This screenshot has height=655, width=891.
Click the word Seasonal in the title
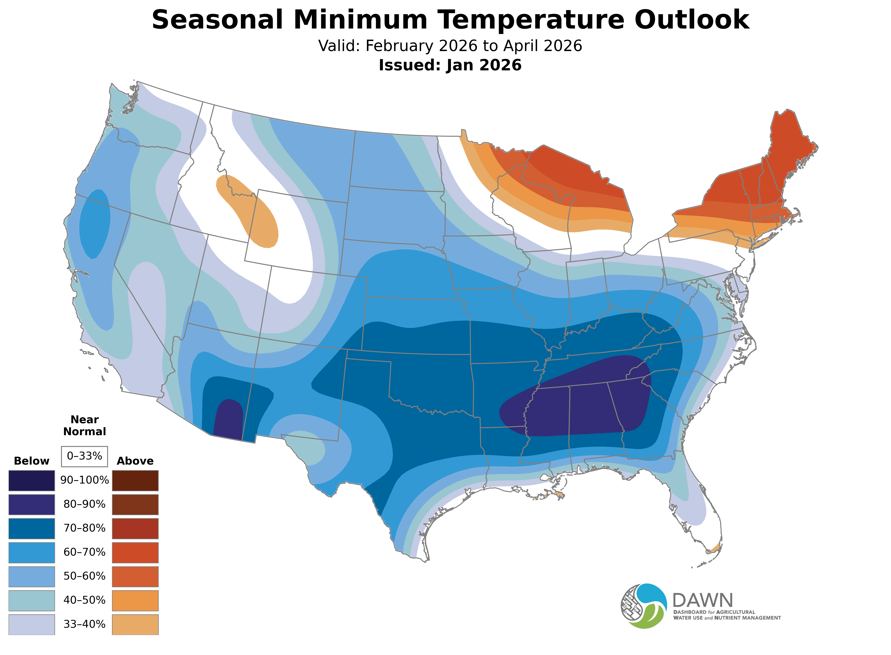[217, 20]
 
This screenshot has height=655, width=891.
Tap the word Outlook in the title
[692, 20]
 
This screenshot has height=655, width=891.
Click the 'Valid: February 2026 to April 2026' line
[450, 46]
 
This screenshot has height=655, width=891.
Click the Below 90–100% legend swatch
[32, 481]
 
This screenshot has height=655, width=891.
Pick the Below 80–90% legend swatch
[32, 504]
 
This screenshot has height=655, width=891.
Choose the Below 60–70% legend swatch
[32, 552]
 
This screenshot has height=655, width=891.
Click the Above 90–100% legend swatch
[135, 481]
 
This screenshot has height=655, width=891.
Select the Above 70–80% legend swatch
[135, 528]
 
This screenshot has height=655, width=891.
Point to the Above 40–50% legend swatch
[135, 600]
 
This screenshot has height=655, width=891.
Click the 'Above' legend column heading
[135, 461]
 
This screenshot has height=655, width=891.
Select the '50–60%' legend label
[84, 576]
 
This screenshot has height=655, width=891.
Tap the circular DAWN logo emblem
[644, 606]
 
